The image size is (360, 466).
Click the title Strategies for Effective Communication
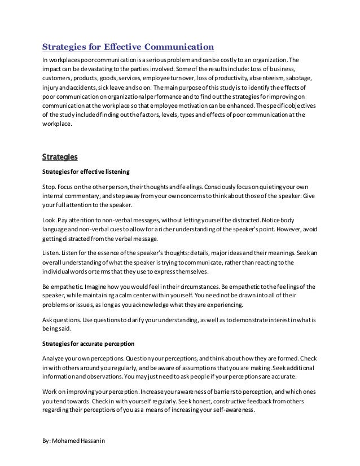[128, 46]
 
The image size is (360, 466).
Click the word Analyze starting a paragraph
[54, 359]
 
